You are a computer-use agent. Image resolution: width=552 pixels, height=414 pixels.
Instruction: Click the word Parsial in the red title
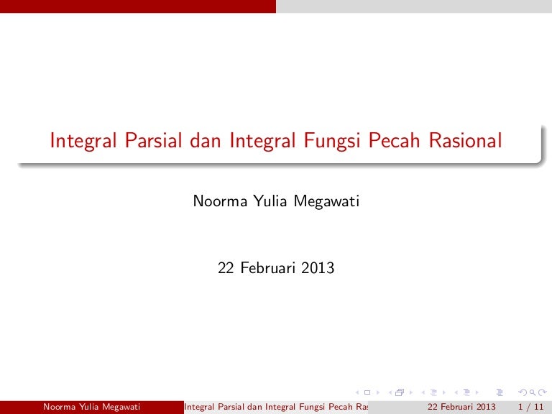153,140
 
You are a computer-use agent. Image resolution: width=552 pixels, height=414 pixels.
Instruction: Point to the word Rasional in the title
465,140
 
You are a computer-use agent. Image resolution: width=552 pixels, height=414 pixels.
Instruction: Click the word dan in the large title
206,140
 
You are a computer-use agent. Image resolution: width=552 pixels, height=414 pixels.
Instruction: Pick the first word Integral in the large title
83,141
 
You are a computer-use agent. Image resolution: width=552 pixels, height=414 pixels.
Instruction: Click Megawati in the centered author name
326,202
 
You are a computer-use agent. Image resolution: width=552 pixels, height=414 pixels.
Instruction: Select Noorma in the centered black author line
220,201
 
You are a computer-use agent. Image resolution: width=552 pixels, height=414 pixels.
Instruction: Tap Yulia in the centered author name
270,201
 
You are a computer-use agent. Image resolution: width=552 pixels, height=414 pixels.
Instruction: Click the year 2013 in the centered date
318,268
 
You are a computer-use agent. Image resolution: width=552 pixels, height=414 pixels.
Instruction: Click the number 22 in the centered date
226,268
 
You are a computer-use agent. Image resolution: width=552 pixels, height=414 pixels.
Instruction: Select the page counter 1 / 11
531,407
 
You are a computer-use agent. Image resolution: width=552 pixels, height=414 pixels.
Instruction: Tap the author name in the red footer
91,408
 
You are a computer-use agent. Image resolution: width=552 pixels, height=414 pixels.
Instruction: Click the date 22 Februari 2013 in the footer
461,407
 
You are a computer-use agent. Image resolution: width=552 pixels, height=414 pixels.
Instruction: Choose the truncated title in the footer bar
276,408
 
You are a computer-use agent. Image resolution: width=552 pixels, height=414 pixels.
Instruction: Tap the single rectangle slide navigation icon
367,392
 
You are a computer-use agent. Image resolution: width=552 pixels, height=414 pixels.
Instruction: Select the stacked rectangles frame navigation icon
400,392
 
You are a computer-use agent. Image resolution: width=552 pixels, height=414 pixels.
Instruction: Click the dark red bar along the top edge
138,6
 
